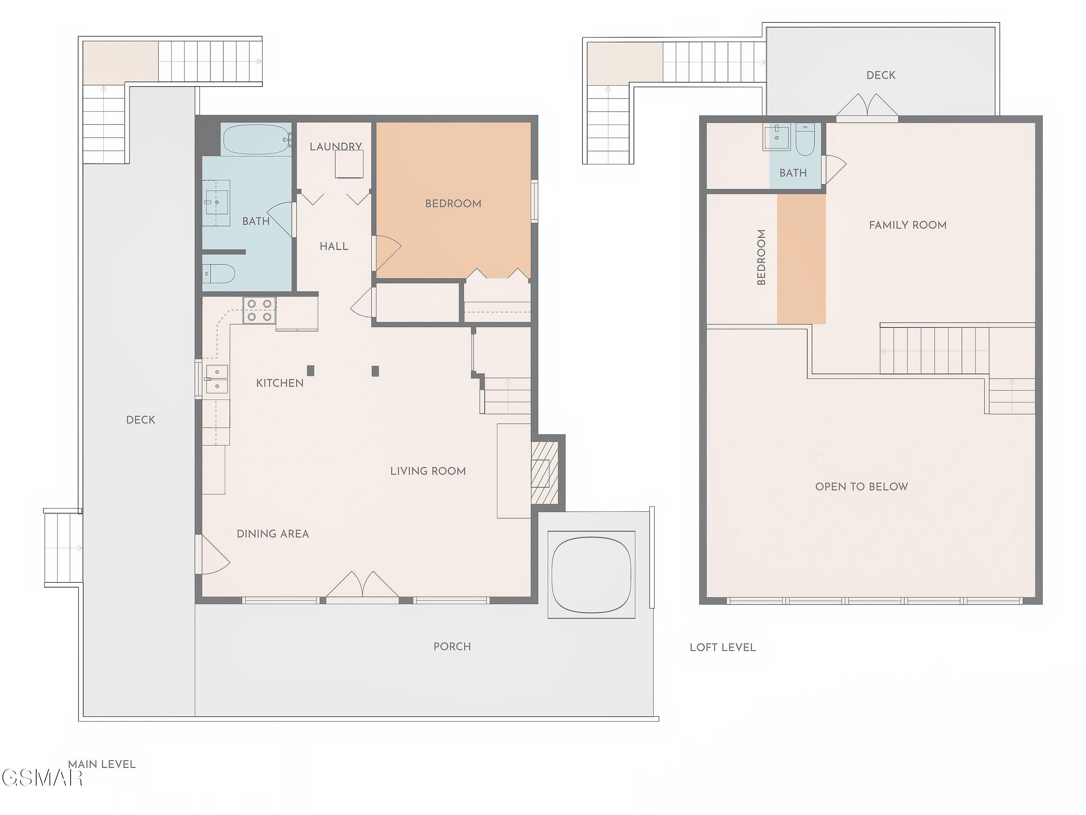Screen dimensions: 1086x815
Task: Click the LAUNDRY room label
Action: (x=336, y=146)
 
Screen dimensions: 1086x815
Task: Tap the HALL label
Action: (x=334, y=246)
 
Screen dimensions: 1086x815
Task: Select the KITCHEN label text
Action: (x=280, y=383)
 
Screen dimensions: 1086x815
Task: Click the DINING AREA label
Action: (x=273, y=534)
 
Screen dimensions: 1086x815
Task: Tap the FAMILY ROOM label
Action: (x=908, y=225)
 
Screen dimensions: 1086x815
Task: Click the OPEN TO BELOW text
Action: (x=862, y=487)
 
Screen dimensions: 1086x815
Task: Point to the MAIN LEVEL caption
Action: (x=102, y=764)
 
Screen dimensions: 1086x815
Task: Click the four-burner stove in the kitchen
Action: (x=259, y=310)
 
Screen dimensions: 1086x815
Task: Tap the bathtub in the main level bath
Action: (x=257, y=139)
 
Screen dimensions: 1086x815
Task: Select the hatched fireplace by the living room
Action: (x=545, y=473)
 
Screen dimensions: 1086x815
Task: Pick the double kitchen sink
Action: (x=216, y=379)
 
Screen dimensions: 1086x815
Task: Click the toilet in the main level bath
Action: (x=219, y=273)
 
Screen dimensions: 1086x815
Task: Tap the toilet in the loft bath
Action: (x=805, y=139)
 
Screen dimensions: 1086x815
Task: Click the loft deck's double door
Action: (x=867, y=106)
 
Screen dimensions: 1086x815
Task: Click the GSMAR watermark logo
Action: (x=42, y=778)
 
